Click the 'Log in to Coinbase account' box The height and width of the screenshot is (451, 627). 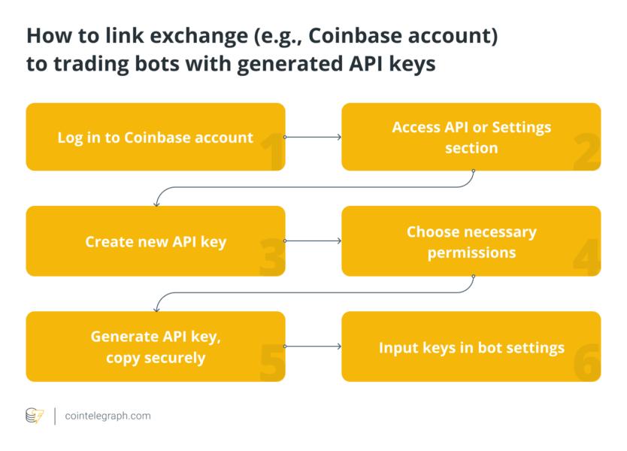[x=156, y=137]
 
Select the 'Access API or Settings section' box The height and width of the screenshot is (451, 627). [x=471, y=137]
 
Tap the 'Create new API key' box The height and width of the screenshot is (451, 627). [x=156, y=241]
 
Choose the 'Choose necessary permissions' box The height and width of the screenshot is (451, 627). [x=471, y=241]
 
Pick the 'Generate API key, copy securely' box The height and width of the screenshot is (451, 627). [x=156, y=347]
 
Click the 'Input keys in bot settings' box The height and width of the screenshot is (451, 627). [x=471, y=347]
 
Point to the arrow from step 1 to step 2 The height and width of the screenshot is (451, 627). [x=313, y=137]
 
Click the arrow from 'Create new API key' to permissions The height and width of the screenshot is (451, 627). [x=313, y=241]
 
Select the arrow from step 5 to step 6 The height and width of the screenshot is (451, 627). [x=313, y=347]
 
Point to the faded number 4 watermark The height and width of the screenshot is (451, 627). [x=587, y=257]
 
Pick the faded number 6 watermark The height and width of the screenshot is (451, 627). [x=587, y=363]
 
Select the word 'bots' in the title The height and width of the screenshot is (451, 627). [x=157, y=64]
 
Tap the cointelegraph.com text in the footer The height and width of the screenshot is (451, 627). [x=108, y=416]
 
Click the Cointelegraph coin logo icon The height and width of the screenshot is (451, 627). [x=35, y=416]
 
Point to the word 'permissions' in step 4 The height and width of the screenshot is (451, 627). [x=471, y=253]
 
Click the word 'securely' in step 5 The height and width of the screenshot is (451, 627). [x=174, y=359]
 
